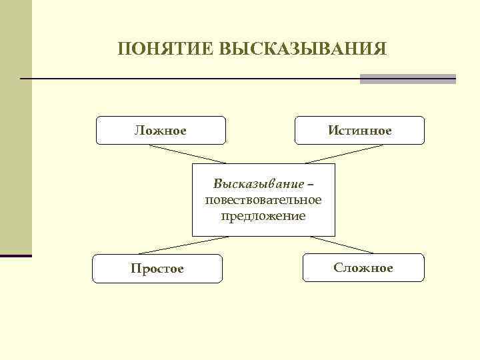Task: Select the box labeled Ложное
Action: [x=161, y=131]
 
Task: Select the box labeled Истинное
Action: [x=359, y=131]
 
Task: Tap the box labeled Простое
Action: [x=157, y=268]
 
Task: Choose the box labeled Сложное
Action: [x=363, y=267]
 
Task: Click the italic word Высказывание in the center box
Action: [x=257, y=183]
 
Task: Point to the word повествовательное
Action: [x=263, y=199]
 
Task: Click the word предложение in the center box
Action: [x=263, y=215]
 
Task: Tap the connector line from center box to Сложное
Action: [x=341, y=245]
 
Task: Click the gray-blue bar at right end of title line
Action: [x=407, y=79]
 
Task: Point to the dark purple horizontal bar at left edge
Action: [x=16, y=255]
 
